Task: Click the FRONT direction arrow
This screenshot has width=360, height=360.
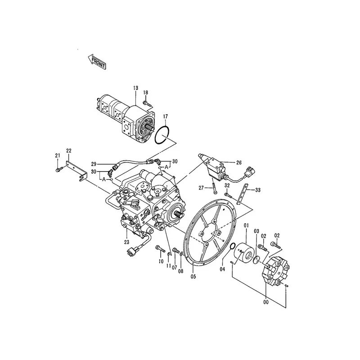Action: pos(96,62)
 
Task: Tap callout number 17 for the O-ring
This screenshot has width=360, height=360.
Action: pos(165,116)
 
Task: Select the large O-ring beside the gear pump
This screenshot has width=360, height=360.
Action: pos(162,135)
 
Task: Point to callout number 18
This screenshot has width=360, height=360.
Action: pos(145,93)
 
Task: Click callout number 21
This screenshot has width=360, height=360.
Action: pos(58,156)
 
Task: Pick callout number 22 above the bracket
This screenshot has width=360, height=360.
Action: pos(69,150)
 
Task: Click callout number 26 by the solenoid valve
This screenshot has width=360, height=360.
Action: pos(238,162)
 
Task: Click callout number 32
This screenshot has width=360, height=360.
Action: pos(227,185)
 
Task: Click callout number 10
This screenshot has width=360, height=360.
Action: pos(160,261)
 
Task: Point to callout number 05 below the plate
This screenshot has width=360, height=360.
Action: pos(194,276)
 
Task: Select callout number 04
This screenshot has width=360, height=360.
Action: pos(222,269)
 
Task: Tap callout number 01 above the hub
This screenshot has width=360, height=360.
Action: pos(246,225)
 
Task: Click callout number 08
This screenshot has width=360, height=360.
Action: pos(181,271)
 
